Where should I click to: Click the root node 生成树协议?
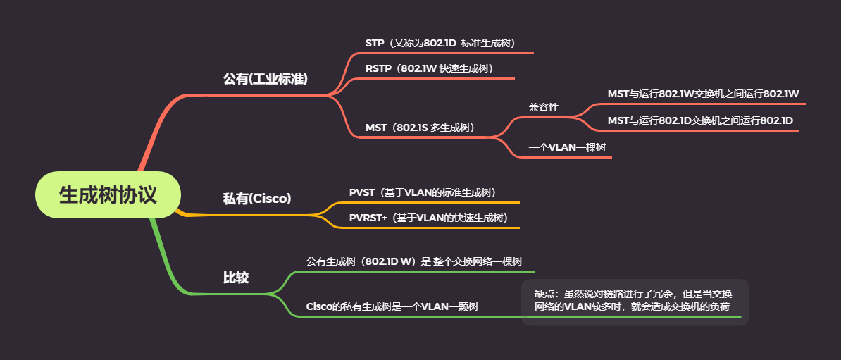[x=108, y=195]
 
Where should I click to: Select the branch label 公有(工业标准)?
[x=266, y=79]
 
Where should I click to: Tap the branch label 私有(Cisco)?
[x=257, y=199]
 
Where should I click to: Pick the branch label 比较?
[x=236, y=278]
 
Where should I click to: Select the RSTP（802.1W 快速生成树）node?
[x=429, y=68]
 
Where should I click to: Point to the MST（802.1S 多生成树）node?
[x=420, y=128]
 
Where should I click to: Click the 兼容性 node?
[x=544, y=107]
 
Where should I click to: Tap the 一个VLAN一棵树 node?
[x=567, y=147]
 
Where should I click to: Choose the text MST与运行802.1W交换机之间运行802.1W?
[x=703, y=94]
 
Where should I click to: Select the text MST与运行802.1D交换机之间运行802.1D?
[x=700, y=120]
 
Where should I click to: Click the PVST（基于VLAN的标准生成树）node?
[x=423, y=192]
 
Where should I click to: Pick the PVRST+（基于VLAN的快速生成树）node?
[x=429, y=218]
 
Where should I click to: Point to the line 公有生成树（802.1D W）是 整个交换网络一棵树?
[x=414, y=261]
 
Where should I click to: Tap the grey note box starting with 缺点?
[x=634, y=301]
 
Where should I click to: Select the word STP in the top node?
[x=375, y=43]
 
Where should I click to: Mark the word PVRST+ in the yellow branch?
[x=368, y=218]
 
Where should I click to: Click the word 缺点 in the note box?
[x=544, y=294]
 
